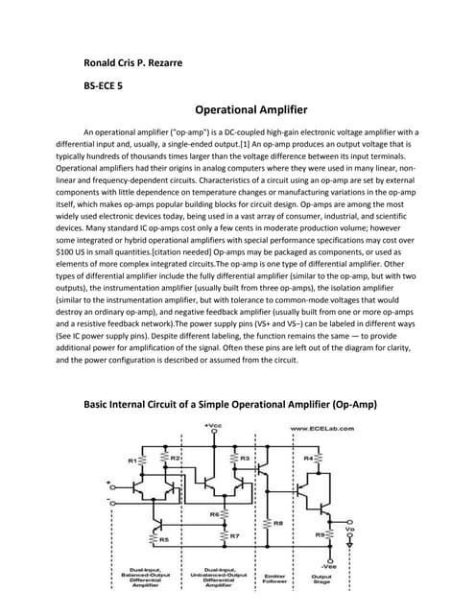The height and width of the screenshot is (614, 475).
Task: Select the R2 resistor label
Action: click(x=175, y=460)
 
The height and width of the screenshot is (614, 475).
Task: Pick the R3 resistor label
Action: click(x=245, y=460)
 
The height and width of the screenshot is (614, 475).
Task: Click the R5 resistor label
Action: click(x=165, y=540)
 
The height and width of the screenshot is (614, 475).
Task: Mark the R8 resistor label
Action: click(x=277, y=523)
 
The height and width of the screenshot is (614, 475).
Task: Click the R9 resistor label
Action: click(x=320, y=534)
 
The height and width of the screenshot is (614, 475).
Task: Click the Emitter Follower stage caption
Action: click(x=274, y=580)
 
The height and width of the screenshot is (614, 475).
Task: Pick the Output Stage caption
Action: click(x=323, y=580)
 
